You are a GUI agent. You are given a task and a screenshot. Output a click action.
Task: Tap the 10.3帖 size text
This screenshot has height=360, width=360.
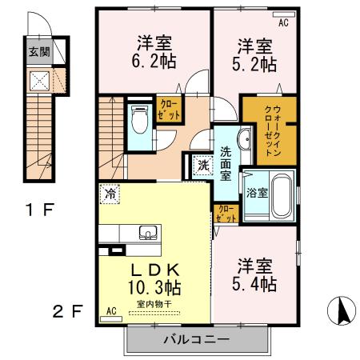156,286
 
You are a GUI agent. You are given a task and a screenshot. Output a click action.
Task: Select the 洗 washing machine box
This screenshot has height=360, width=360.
203,166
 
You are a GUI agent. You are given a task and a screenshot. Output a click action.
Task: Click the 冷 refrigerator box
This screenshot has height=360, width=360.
108,194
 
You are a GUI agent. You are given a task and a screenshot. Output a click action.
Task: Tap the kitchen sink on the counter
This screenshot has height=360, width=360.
147,233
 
